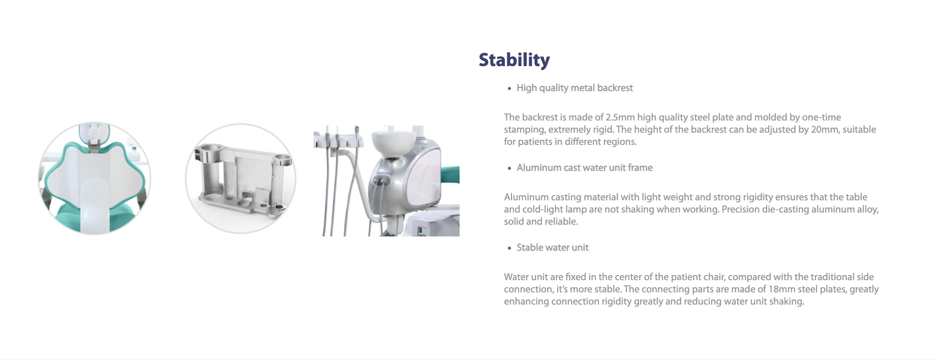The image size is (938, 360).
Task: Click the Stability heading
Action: point(514,60)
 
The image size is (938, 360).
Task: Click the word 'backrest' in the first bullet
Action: point(615,88)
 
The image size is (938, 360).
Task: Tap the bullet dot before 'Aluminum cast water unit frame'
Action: point(509,168)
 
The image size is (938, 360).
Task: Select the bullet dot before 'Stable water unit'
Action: point(509,248)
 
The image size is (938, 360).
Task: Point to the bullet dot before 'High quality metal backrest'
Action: point(509,88)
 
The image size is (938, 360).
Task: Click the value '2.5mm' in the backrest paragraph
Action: point(620,117)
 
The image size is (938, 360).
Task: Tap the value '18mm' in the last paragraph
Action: point(781,289)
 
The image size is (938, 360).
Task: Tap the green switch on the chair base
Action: point(420,231)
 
